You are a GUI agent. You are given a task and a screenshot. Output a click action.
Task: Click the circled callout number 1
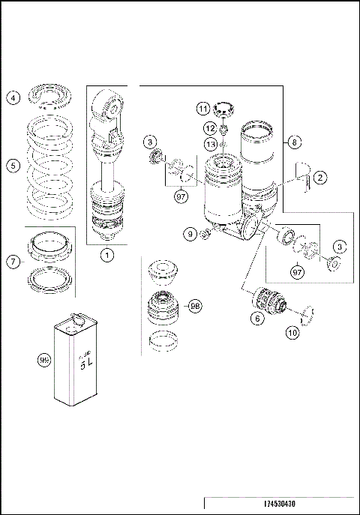(107, 255)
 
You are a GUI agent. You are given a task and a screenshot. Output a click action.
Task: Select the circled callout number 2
(320, 178)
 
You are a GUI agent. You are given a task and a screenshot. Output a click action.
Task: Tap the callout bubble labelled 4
(13, 97)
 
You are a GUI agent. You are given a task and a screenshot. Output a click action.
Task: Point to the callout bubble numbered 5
(13, 166)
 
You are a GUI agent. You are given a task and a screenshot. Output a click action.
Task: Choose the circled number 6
(257, 318)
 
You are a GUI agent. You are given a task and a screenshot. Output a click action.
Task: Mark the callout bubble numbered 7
(13, 262)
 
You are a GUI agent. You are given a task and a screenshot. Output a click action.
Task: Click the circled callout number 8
(295, 140)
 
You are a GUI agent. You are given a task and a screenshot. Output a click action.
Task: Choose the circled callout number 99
(44, 361)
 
